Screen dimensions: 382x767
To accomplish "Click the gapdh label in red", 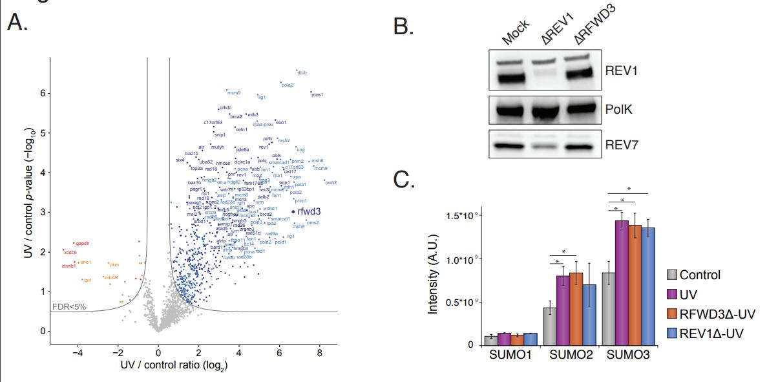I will tap(82, 243).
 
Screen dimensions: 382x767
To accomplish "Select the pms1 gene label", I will tap(317, 96).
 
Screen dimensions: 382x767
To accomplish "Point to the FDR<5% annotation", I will tap(68, 306).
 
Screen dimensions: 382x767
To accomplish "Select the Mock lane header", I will tap(515, 32).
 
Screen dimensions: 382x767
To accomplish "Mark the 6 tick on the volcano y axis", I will tap(43, 93).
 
